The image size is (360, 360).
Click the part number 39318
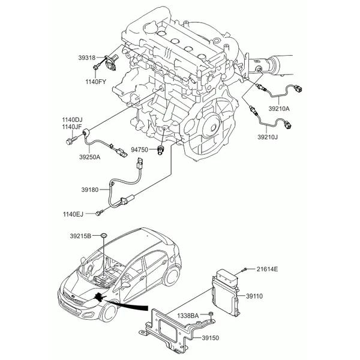[x=87, y=58]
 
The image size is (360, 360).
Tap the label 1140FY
[x=96, y=82]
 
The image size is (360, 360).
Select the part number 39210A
[x=279, y=109]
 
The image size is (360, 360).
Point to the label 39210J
[x=268, y=137]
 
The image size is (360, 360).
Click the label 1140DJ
[x=72, y=119]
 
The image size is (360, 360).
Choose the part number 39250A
[x=90, y=157]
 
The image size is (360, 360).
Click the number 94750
[x=139, y=149]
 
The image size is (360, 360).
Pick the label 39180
[x=90, y=190]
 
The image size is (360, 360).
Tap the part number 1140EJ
[x=73, y=214]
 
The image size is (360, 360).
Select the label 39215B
[x=80, y=236]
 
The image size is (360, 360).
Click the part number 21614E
[x=267, y=269]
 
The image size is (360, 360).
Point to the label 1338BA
[x=188, y=316]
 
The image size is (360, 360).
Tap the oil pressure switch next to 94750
[x=160, y=150]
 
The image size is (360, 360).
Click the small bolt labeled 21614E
[x=244, y=269]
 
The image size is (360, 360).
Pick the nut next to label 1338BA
[x=210, y=314]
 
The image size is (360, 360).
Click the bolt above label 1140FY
[x=96, y=67]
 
